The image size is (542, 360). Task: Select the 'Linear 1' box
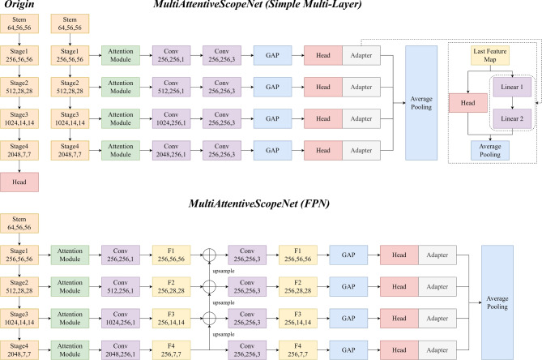[x=510, y=88]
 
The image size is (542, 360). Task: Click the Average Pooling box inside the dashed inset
[x=491, y=149]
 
